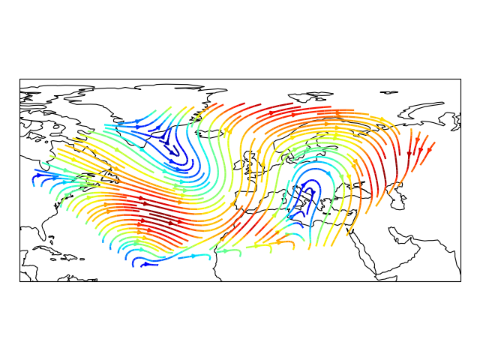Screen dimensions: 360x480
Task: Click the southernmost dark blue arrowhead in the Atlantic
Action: click(144, 264)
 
